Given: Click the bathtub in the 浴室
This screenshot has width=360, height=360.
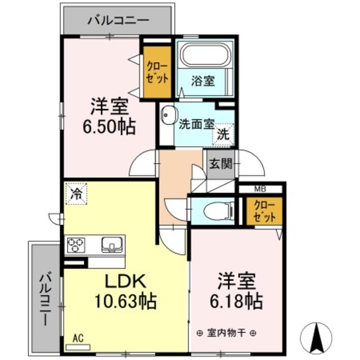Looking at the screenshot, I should coord(204,57).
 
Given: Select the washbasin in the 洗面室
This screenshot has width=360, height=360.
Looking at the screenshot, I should coord(166,116).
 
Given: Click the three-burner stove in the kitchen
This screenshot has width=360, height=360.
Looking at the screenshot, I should coord(76,245).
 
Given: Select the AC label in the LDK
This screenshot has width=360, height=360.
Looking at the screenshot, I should coord(78,338).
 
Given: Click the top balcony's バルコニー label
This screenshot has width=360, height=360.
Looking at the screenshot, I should coord(118,21).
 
